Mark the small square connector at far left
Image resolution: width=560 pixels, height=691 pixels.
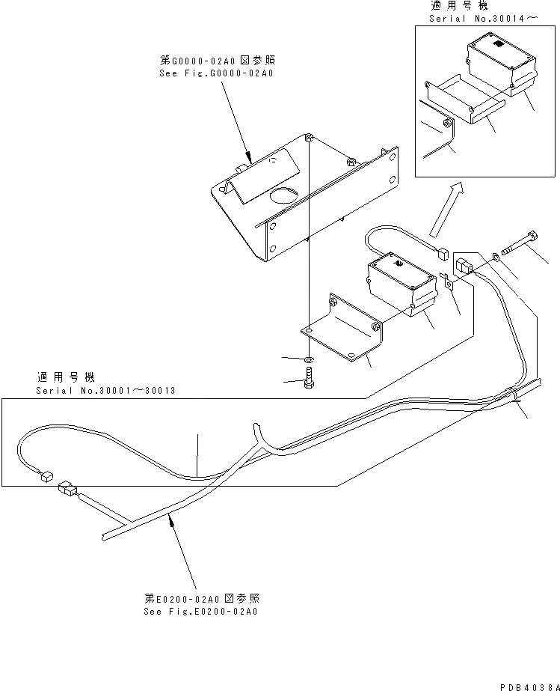(46, 474)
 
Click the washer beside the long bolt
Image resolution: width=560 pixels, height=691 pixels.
(496, 259)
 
